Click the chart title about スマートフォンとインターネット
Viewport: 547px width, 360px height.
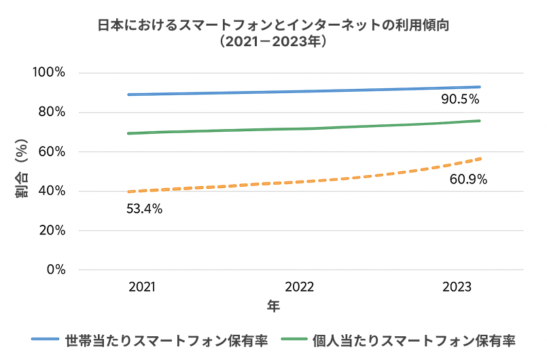click(x=273, y=25)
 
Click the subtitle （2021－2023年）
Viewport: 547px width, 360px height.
click(x=273, y=41)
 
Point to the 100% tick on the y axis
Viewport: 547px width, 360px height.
click(x=50, y=73)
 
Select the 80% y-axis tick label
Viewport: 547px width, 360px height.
click(x=52, y=112)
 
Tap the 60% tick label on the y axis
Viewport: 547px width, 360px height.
click(x=52, y=151)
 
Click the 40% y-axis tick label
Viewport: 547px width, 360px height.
click(x=52, y=191)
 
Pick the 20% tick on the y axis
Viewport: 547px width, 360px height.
click(x=52, y=230)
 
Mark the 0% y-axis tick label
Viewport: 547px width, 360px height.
click(x=56, y=270)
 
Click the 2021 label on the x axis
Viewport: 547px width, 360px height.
click(x=142, y=287)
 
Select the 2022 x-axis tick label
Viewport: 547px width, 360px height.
click(x=300, y=287)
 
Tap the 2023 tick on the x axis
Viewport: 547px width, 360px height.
click(x=457, y=287)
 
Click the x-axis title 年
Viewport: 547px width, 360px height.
click(x=273, y=306)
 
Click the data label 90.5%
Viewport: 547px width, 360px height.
click(x=460, y=99)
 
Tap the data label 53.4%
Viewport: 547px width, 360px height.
click(x=144, y=209)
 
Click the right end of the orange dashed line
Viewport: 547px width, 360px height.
click(x=480, y=158)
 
